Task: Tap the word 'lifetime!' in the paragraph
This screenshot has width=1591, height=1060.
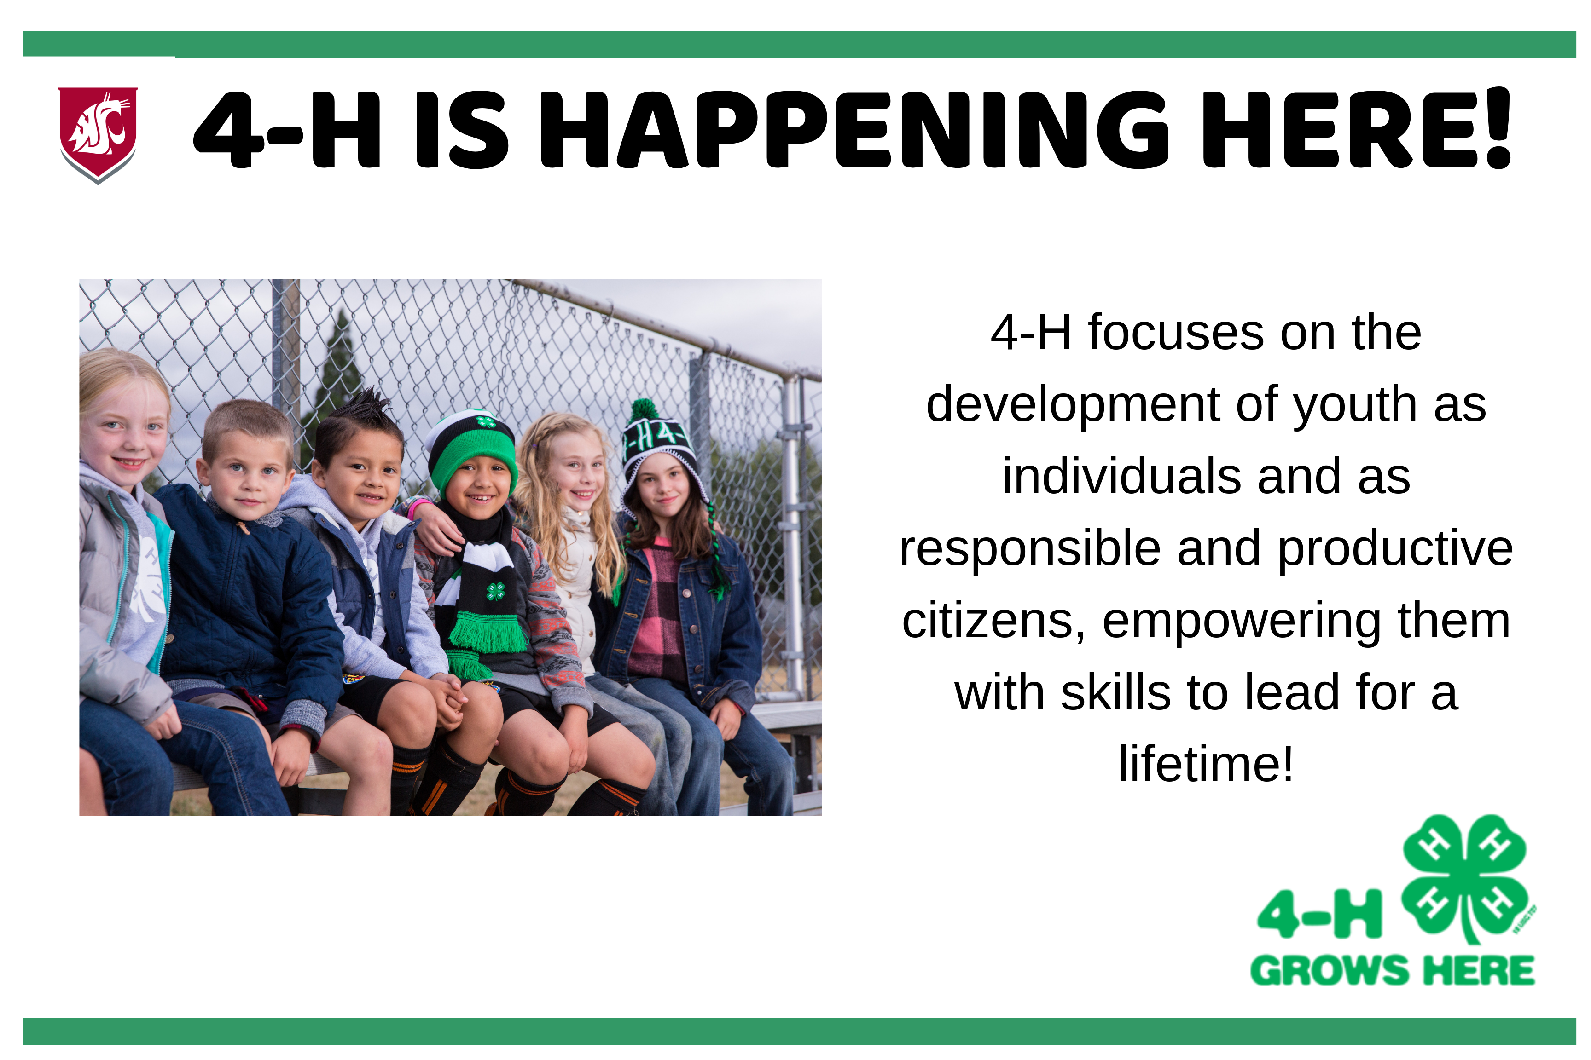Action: [x=1205, y=764]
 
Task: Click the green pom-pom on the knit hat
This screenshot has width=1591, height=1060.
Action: [x=645, y=409]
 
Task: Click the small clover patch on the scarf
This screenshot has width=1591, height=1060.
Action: [x=496, y=592]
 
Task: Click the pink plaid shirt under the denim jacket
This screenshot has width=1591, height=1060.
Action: [x=656, y=608]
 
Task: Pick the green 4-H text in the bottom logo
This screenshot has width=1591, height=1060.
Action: [x=1319, y=914]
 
